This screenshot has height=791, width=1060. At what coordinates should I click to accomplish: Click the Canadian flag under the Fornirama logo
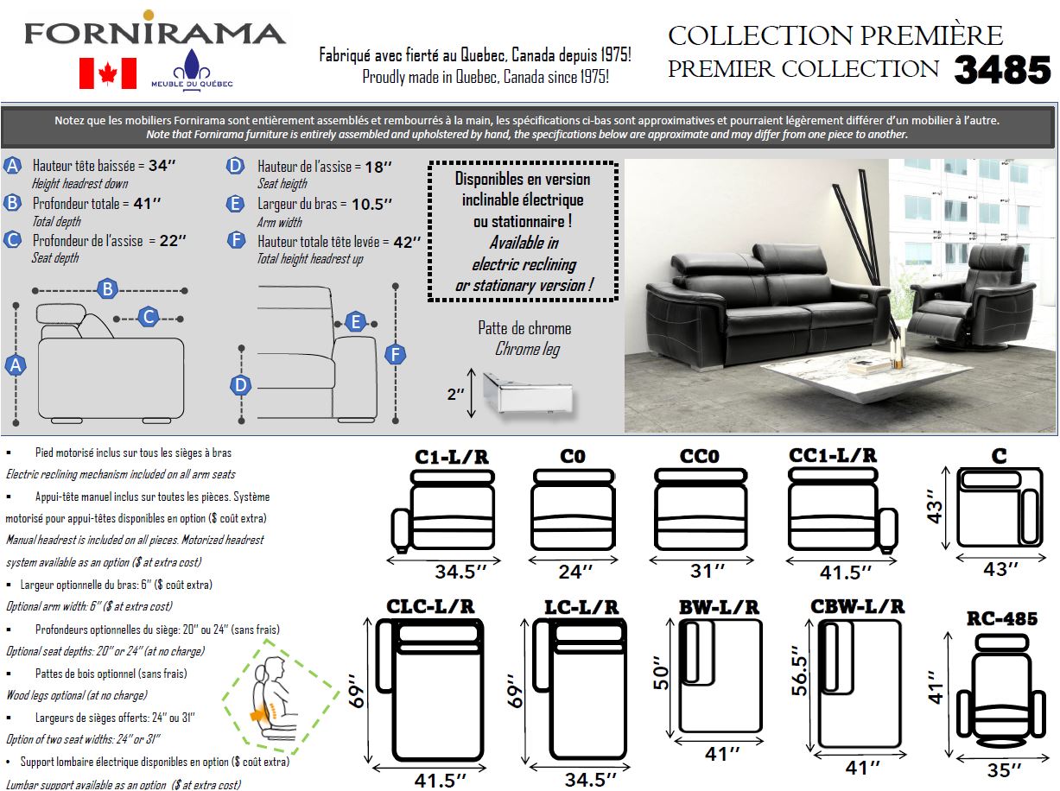pyautogui.click(x=108, y=73)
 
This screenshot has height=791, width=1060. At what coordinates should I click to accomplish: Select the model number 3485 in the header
pyautogui.click(x=1002, y=70)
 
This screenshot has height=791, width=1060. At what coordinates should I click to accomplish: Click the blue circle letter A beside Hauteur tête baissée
pyautogui.click(x=13, y=166)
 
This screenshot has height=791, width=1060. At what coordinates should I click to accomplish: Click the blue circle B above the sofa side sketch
pyautogui.click(x=108, y=289)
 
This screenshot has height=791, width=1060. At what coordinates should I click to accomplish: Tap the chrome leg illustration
pyautogui.click(x=524, y=394)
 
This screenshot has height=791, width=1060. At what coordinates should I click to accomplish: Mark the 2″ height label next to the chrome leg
pyautogui.click(x=455, y=394)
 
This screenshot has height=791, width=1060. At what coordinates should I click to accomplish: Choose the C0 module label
pyautogui.click(x=574, y=456)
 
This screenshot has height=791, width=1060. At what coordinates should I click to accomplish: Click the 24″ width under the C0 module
pyautogui.click(x=574, y=571)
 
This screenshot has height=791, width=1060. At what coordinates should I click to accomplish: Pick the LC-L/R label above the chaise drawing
pyautogui.click(x=581, y=607)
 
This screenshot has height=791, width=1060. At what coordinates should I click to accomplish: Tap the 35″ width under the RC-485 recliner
pyautogui.click(x=1004, y=769)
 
